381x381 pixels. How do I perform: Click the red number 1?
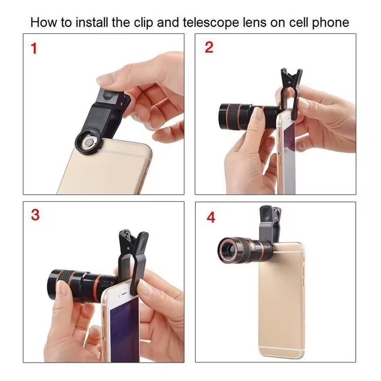(x=34, y=48)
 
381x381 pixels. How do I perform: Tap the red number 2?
(x=209, y=47)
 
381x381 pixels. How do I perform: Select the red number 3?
(x=35, y=215)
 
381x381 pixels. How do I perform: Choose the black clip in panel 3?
(x=134, y=254)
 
